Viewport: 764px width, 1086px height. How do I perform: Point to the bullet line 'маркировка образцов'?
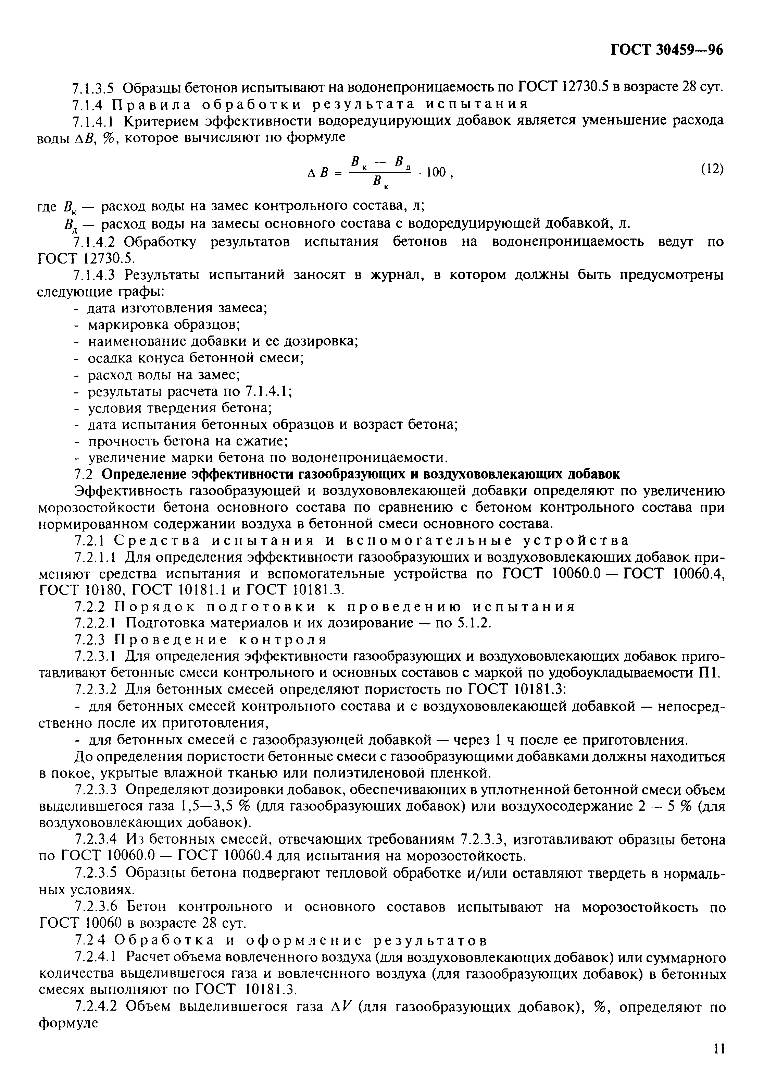point(164,325)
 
